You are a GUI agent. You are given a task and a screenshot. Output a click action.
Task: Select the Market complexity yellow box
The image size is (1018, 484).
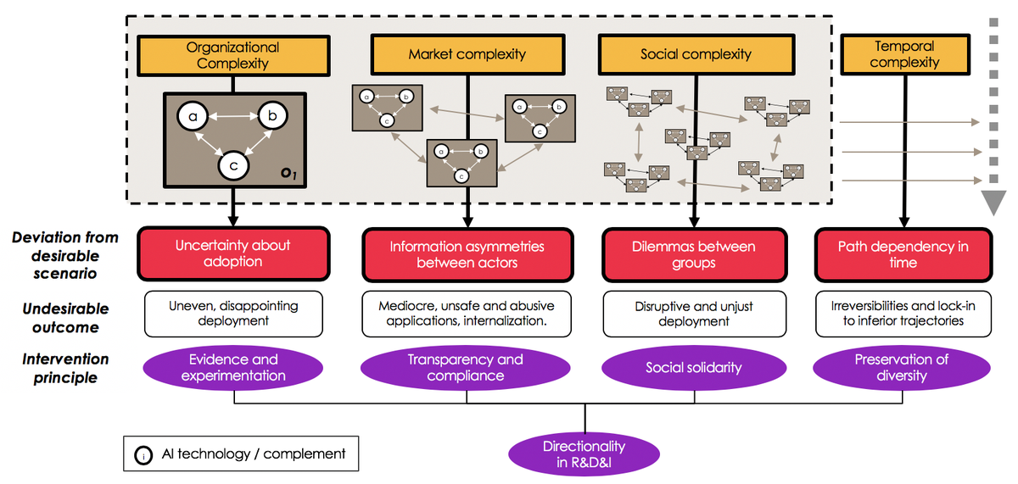click(x=467, y=54)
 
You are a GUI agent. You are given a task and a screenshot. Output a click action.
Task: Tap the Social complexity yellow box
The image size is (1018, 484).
click(x=696, y=54)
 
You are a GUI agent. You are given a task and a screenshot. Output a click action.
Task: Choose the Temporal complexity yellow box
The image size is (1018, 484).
click(x=904, y=54)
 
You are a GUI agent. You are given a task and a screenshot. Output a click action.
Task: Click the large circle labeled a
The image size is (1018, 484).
click(x=193, y=117)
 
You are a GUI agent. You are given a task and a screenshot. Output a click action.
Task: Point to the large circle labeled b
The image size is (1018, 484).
click(x=272, y=117)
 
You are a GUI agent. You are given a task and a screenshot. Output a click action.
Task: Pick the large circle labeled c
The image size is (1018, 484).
click(x=232, y=164)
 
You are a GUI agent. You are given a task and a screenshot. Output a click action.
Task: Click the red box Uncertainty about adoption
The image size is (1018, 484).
click(x=232, y=254)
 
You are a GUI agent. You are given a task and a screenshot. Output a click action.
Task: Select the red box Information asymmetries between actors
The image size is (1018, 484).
click(x=467, y=254)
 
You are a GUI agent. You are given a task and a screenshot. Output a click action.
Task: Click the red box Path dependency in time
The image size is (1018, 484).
click(x=903, y=254)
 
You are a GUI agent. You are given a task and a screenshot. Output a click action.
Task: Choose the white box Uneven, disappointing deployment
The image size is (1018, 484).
click(x=232, y=313)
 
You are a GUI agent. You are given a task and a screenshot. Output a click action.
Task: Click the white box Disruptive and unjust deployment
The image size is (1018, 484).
click(x=693, y=313)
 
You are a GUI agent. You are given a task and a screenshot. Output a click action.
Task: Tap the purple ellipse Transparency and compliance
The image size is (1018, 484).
click(x=465, y=367)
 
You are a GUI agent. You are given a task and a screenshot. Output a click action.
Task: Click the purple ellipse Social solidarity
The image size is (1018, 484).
click(x=693, y=367)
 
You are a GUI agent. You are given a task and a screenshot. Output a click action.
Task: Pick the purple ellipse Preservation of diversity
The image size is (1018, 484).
click(x=902, y=367)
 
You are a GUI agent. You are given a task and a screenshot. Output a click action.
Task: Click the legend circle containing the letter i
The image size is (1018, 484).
click(x=143, y=455)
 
